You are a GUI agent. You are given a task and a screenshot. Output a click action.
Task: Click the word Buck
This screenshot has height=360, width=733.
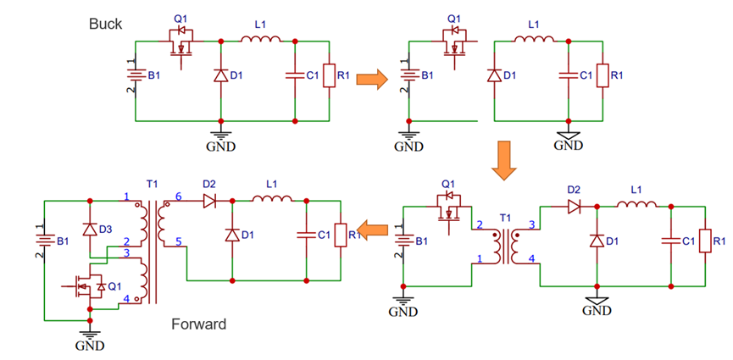(107, 24)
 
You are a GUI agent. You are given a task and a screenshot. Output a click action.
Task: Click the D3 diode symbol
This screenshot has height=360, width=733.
(88, 229)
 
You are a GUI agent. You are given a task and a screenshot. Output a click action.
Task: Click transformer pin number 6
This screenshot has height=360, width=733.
(178, 197)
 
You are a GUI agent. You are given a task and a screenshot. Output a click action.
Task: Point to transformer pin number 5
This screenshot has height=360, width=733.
(178, 243)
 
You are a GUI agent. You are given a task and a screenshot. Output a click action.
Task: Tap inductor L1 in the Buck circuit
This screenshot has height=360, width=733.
(259, 39)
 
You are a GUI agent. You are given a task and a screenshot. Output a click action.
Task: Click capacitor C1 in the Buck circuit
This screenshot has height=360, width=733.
(294, 76)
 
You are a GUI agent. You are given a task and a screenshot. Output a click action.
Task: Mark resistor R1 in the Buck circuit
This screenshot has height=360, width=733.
(328, 76)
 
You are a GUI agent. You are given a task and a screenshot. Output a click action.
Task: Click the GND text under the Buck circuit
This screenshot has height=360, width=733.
(220, 146)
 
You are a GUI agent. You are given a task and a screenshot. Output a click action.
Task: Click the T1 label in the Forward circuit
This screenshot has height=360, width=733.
(153, 185)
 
